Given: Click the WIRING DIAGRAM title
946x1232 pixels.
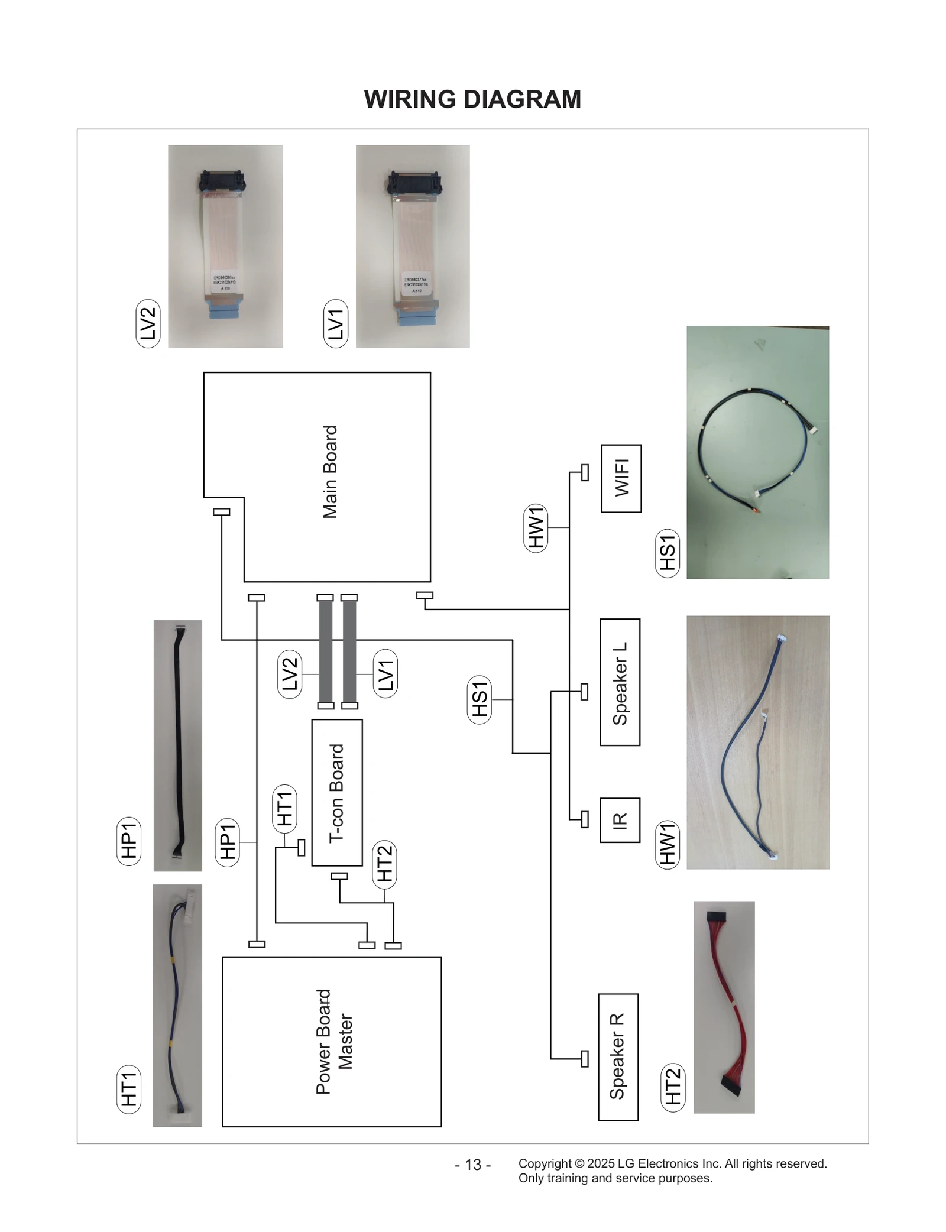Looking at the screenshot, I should tap(472, 99).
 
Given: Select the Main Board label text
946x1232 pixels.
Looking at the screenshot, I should tap(330, 472).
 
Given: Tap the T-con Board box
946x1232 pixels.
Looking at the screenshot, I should tap(336, 792).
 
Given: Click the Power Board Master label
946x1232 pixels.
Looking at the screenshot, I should tap(334, 1042).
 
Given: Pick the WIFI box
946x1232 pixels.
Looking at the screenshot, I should tap(621, 478).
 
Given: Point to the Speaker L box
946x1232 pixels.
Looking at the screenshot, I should tap(620, 682).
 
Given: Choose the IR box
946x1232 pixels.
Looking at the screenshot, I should tap(620, 820).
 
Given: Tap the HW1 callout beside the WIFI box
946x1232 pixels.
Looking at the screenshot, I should tap(536, 528).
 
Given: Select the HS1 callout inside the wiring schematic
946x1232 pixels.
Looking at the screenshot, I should tap(479, 699).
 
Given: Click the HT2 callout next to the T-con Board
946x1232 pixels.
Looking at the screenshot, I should tap(384, 864).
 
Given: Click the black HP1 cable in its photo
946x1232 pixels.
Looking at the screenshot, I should tap(178, 745).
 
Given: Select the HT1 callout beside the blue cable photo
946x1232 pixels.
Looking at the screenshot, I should tap(129, 1088).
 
